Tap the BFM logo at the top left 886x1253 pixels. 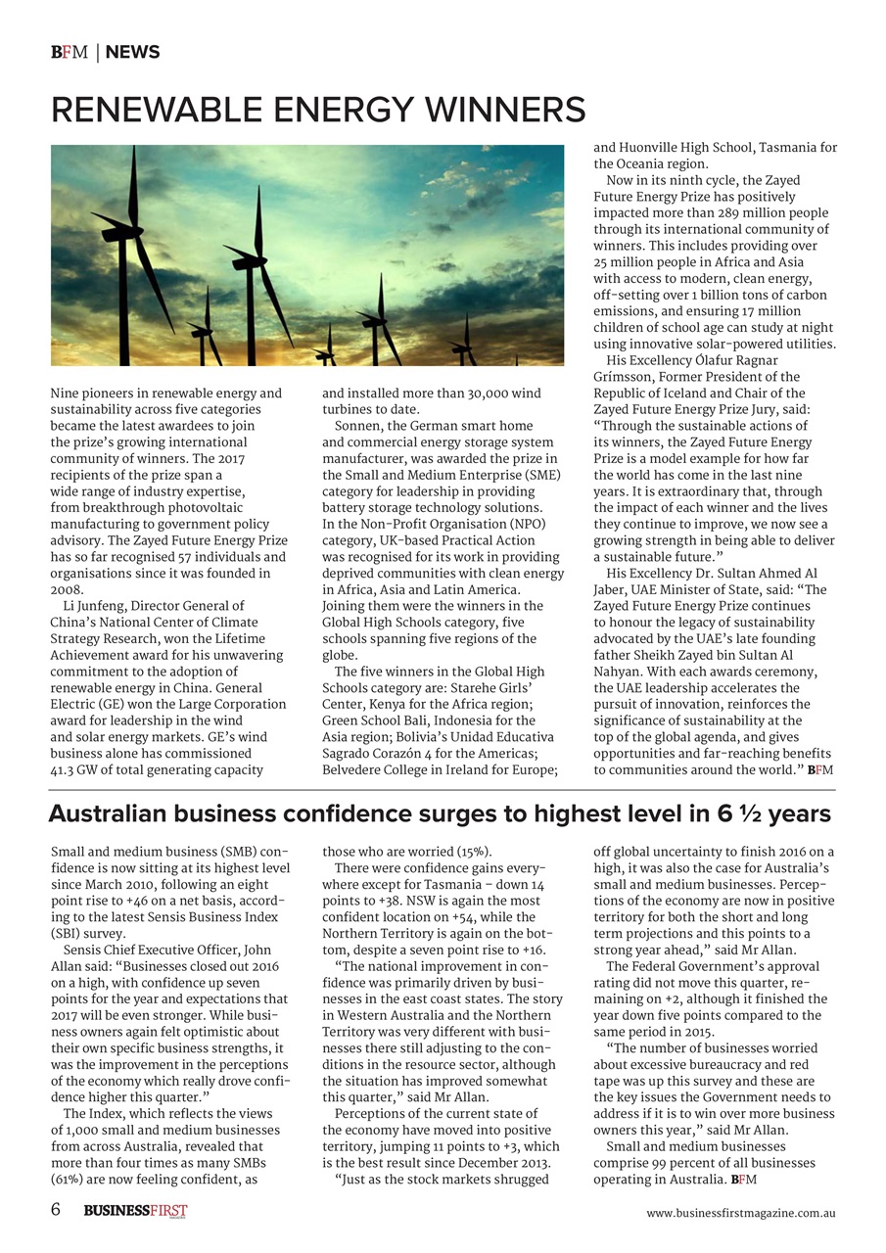69,53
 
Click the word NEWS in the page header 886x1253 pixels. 132,53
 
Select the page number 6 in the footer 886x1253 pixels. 56,1209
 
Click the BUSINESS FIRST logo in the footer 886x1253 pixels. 135,1211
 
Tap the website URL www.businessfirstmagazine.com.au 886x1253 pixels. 740,1213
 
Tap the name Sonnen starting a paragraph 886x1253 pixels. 358,426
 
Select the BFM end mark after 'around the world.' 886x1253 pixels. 820,770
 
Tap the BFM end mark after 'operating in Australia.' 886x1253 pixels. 744,1180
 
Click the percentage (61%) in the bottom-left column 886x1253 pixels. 67,1180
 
